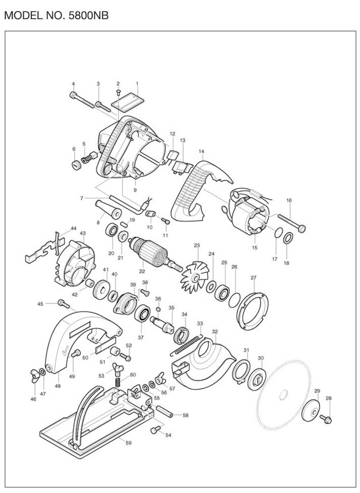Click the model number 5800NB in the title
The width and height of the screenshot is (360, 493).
coord(88,16)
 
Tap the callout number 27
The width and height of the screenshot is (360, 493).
coord(254,278)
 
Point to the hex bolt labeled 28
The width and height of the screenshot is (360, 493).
coord(326,419)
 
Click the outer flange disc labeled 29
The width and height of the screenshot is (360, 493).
coord(310,410)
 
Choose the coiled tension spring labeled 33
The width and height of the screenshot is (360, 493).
coord(186,345)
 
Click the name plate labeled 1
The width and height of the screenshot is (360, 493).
coord(128,103)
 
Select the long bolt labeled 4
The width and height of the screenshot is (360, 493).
coord(82,100)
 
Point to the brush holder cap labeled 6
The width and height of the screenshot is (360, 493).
coord(76,165)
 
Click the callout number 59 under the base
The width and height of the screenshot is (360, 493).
coord(129,443)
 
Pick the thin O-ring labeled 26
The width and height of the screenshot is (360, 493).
coord(234,300)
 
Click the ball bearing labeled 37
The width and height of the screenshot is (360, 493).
coord(142,313)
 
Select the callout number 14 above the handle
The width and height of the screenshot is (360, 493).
coord(201,151)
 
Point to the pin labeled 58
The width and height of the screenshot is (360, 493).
coord(163,412)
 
